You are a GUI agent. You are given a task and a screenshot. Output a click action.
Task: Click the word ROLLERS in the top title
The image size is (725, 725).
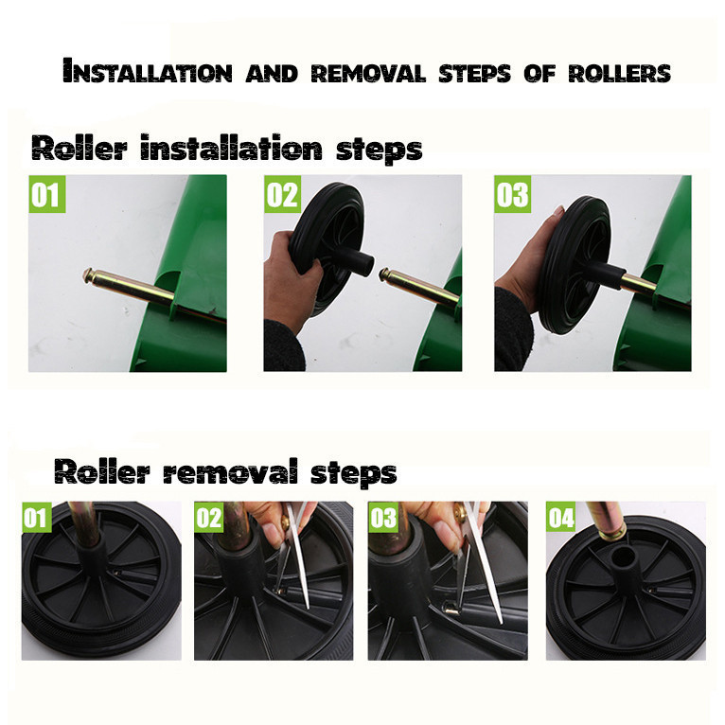tap(619, 73)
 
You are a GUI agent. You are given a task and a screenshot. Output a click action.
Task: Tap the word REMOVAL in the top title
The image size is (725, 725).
tap(368, 73)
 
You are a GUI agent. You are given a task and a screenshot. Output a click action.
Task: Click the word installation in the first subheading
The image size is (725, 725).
tap(231, 148)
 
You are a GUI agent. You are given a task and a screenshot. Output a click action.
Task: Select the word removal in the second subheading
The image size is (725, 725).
tap(230, 471)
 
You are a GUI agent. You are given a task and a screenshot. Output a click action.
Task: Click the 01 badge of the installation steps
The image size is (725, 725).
tap(46, 194)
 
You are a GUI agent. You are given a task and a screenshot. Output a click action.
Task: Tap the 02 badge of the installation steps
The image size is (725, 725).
tap(282, 194)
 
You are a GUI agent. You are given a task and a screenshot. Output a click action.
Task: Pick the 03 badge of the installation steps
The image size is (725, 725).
tap(512, 194)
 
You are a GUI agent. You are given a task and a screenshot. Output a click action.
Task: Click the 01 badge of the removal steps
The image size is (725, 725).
tap(37, 517)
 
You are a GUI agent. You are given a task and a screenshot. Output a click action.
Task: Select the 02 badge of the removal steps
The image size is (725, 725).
tap(209, 517)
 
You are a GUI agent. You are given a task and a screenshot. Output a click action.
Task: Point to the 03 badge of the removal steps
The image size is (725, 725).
tap(383, 517)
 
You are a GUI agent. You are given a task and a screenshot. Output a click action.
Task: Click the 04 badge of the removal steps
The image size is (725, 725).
tap(561, 517)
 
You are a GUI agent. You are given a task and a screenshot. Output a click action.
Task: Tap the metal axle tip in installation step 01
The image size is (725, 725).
tap(88, 275)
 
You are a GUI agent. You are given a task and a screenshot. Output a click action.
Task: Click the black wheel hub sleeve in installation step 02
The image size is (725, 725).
tap(356, 261)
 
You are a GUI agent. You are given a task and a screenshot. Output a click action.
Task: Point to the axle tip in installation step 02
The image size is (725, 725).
tap(383, 274)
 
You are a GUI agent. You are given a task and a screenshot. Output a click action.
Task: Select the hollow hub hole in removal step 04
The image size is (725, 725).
tap(623, 557)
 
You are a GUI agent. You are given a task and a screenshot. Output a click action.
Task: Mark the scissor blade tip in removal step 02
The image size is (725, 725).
tap(307, 606)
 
